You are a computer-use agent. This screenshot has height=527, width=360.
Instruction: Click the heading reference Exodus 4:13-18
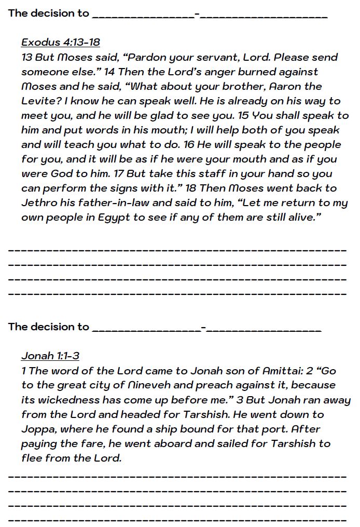(61, 42)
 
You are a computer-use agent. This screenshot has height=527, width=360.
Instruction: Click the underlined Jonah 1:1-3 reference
(50, 356)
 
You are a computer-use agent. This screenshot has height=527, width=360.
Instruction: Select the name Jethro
(38, 202)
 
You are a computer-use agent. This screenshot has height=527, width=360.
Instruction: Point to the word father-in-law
(105, 202)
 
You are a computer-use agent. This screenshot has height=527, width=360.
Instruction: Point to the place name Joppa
(38, 429)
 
